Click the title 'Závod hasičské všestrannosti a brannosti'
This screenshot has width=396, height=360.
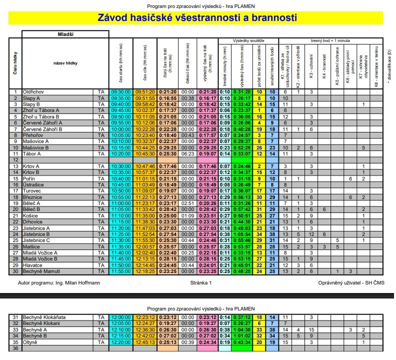pos(197,17)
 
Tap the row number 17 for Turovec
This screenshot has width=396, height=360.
pos(15,191)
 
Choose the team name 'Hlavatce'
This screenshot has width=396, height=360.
pos(33,265)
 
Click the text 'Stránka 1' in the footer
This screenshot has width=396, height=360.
pos(201,282)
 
